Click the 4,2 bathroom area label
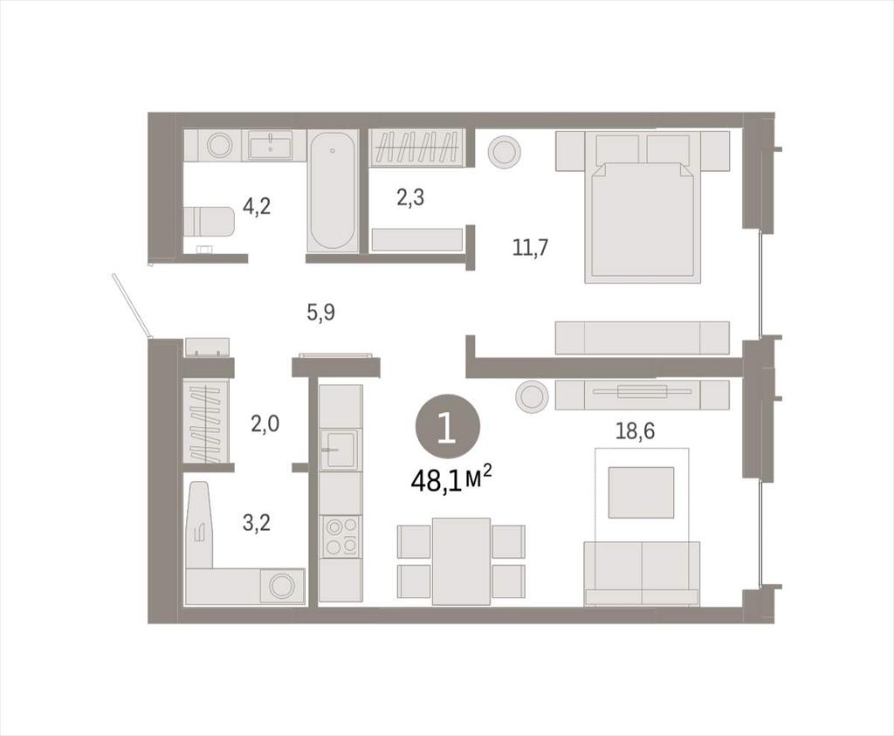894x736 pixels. pyautogui.click(x=256, y=206)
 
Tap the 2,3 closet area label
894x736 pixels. pyautogui.click(x=410, y=198)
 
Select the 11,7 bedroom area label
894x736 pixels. pyautogui.click(x=530, y=249)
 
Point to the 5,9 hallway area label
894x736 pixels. pyautogui.click(x=321, y=313)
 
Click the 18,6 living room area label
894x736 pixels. pyautogui.click(x=635, y=431)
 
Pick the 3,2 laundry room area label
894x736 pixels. pyautogui.click(x=256, y=522)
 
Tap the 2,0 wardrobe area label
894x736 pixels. pyautogui.click(x=265, y=424)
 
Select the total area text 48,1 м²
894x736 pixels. pyautogui.click(x=451, y=480)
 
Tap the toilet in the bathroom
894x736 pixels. pyautogui.click(x=210, y=221)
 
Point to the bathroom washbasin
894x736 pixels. pyautogui.click(x=271, y=145)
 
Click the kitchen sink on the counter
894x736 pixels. pyautogui.click(x=340, y=449)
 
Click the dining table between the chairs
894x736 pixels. pyautogui.click(x=461, y=561)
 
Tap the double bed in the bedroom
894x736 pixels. pyautogui.click(x=643, y=206)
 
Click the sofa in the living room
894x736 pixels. pyautogui.click(x=642, y=573)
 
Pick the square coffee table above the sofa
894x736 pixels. pyautogui.click(x=642, y=492)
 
